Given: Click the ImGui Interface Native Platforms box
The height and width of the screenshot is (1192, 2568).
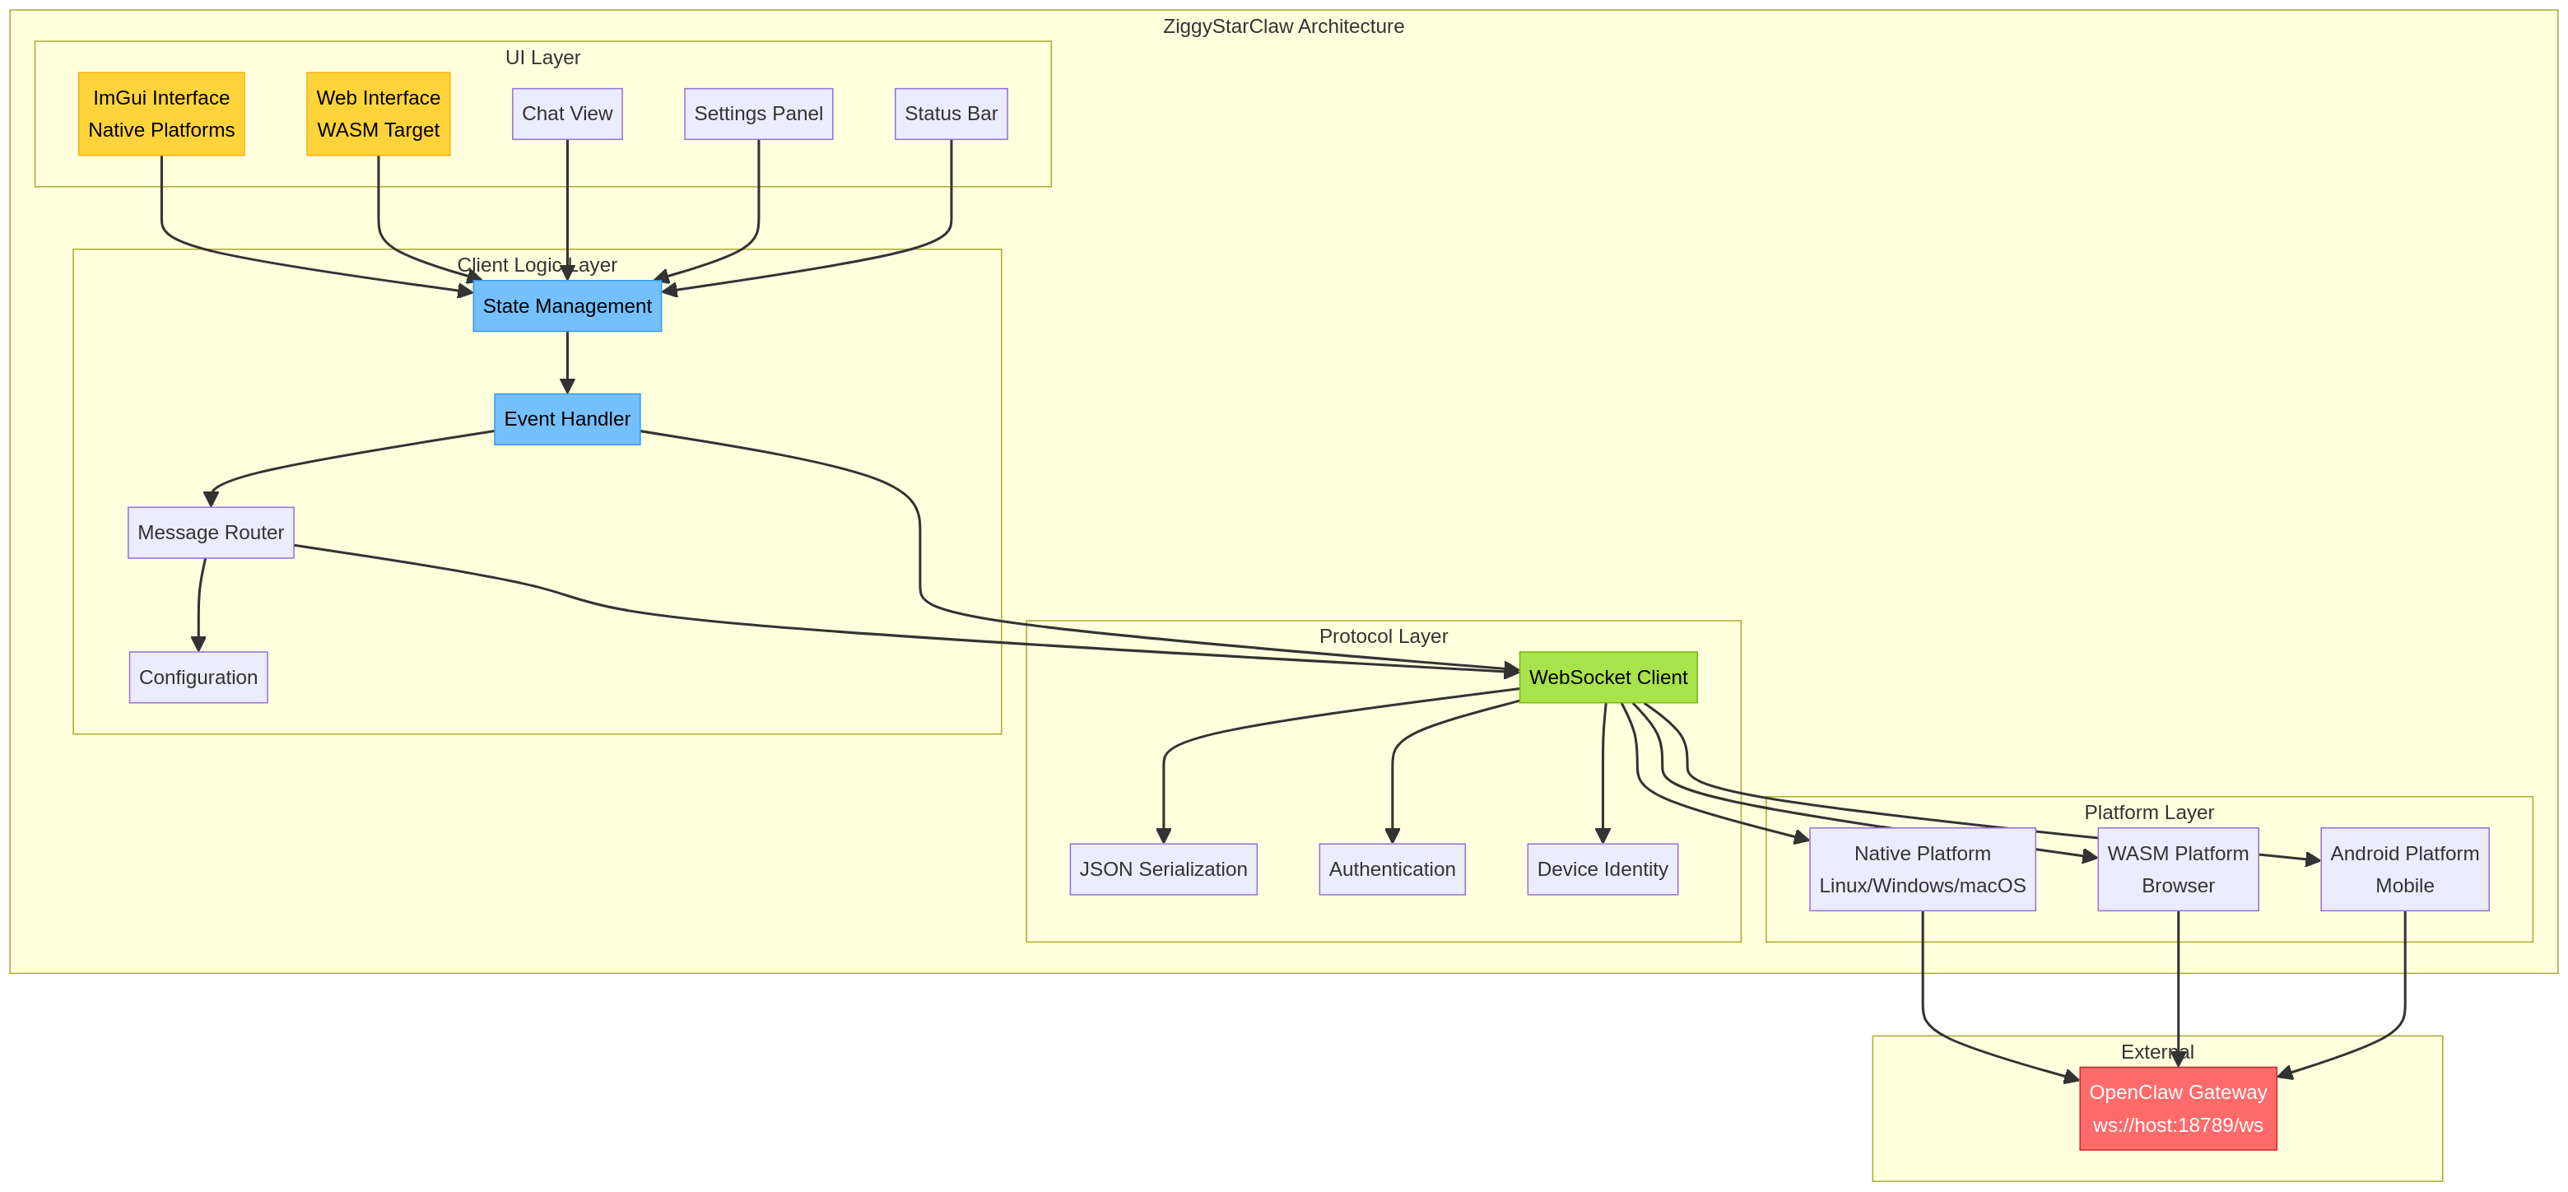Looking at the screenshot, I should (161, 114).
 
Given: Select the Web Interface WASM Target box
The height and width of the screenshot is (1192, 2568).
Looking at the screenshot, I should (378, 114).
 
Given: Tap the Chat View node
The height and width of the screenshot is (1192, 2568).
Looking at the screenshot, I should (567, 114).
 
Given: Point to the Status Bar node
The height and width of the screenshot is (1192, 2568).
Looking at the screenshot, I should (950, 114).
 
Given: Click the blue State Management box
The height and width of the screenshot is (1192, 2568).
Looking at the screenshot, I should (566, 306).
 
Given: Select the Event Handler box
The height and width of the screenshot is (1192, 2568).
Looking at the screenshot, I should (566, 418).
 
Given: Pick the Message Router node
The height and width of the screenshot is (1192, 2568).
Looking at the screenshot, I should (211, 533).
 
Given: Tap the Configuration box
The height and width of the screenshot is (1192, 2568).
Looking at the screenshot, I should (198, 677).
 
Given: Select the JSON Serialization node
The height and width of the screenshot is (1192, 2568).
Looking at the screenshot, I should (1162, 869).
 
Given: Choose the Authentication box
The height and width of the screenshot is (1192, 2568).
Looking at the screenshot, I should (1392, 869).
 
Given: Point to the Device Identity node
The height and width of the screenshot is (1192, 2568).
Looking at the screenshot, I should (1602, 869).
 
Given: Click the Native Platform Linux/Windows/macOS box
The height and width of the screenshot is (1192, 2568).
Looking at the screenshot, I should (1921, 869).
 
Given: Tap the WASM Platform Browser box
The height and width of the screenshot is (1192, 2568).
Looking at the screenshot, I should (2177, 869).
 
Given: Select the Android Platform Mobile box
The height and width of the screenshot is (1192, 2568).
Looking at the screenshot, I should (2403, 869).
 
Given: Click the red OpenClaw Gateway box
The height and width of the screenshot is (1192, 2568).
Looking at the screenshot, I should (2177, 1108).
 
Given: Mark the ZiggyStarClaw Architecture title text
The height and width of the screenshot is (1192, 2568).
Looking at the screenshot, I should (1283, 26).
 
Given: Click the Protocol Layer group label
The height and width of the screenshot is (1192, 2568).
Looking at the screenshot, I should (1383, 636).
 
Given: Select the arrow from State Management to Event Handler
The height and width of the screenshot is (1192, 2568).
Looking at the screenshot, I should (567, 361).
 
